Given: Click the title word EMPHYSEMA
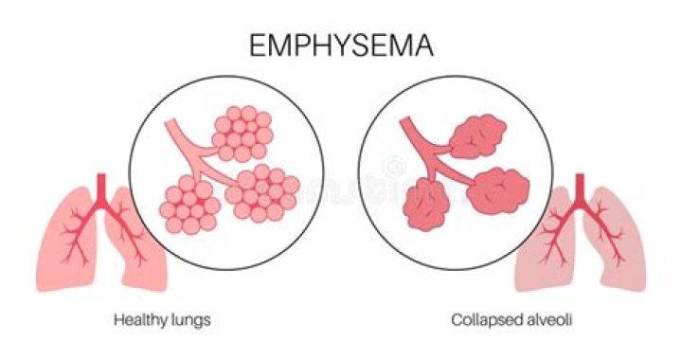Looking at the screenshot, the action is [x=340, y=45].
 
